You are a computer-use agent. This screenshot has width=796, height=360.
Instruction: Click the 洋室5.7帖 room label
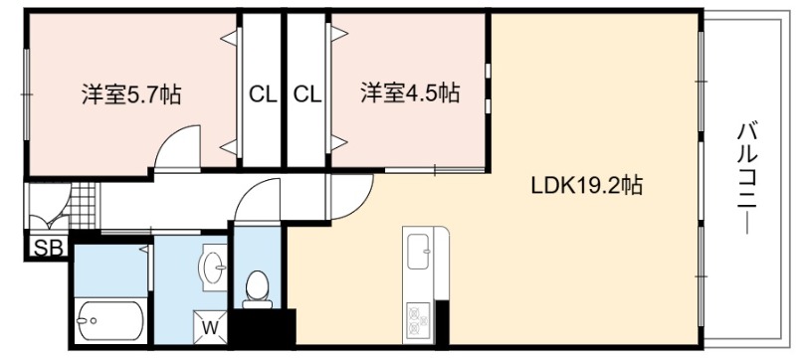pyautogui.click(x=131, y=94)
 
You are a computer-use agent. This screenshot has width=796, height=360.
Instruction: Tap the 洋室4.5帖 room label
pyautogui.click(x=410, y=93)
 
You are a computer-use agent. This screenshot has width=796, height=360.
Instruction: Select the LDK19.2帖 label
pyautogui.click(x=587, y=186)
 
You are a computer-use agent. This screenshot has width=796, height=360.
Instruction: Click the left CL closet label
pyautogui.click(x=263, y=94)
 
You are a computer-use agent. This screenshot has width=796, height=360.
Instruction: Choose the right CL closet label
pyautogui.click(x=307, y=94)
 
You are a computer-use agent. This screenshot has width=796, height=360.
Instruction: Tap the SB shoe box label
pyautogui.click(x=48, y=248)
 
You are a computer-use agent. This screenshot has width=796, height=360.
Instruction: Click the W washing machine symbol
pyautogui.click(x=211, y=326)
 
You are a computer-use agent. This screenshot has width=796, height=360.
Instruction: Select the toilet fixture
pyautogui.click(x=258, y=289)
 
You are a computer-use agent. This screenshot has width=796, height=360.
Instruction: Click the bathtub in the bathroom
pyautogui.click(x=110, y=321)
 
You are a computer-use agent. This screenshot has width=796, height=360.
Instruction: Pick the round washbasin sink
pyautogui.click(x=216, y=266)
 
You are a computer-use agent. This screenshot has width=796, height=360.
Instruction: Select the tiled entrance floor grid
pyautogui.click(x=83, y=205)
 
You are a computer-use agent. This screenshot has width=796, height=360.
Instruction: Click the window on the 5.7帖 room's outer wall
pyautogui.click(x=27, y=94)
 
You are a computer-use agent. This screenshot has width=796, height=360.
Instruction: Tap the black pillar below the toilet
pyautogui.click(x=264, y=327)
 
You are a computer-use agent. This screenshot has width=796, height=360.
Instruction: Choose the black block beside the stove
pyautogui.click(x=442, y=322)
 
